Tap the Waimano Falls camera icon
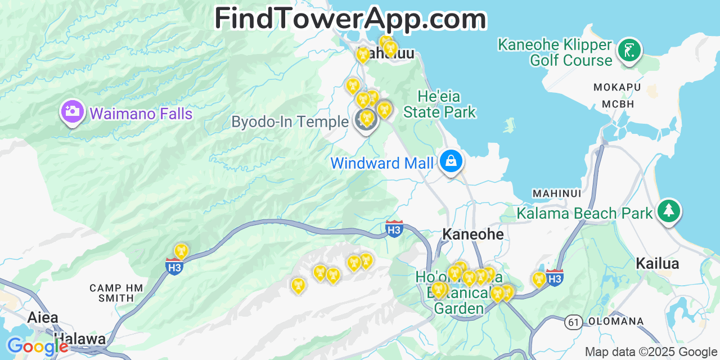(x=72, y=111)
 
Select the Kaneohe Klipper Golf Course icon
(x=629, y=51)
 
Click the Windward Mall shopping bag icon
(x=451, y=161)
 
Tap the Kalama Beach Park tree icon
(x=669, y=211)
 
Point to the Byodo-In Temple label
(x=290, y=121)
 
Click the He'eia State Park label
(x=439, y=104)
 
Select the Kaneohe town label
(x=472, y=234)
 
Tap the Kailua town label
(x=657, y=263)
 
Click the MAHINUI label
(x=556, y=193)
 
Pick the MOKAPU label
(x=617, y=87)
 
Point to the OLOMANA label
(x=616, y=322)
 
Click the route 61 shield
(x=573, y=322)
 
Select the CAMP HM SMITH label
(x=116, y=292)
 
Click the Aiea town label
(x=43, y=317)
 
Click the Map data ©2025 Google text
(x=650, y=352)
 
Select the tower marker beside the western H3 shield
(x=181, y=251)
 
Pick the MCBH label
(x=618, y=104)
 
